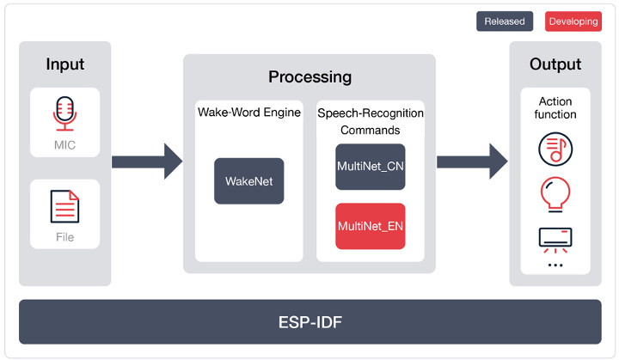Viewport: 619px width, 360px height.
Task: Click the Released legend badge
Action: tap(505, 21)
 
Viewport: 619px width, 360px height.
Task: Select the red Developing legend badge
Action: tap(573, 21)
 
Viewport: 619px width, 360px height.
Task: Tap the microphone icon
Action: tap(64, 113)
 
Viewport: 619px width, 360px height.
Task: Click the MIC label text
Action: tap(64, 145)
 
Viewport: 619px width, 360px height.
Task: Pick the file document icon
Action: tap(64, 206)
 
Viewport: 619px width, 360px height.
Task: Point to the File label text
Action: tap(64, 237)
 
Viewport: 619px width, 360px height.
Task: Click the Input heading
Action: tap(65, 64)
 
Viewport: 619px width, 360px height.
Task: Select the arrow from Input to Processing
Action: tap(147, 162)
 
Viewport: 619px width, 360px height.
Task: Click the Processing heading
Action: tap(309, 77)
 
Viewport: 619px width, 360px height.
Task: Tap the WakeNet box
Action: tap(248, 181)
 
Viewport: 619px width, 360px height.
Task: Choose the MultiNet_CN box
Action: tap(371, 167)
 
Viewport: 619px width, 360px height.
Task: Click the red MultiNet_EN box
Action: tap(371, 226)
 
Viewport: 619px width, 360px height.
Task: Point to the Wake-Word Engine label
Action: tap(249, 113)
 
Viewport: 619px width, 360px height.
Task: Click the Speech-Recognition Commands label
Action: tap(371, 122)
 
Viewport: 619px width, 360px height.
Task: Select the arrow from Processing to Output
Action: tap(472, 162)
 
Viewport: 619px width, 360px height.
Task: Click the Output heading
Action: tap(555, 64)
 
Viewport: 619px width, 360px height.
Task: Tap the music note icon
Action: tap(555, 149)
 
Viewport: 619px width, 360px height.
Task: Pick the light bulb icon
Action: tap(555, 194)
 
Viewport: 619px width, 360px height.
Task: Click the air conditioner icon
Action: tap(555, 240)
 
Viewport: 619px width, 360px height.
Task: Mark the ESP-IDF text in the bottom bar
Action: tap(310, 322)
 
